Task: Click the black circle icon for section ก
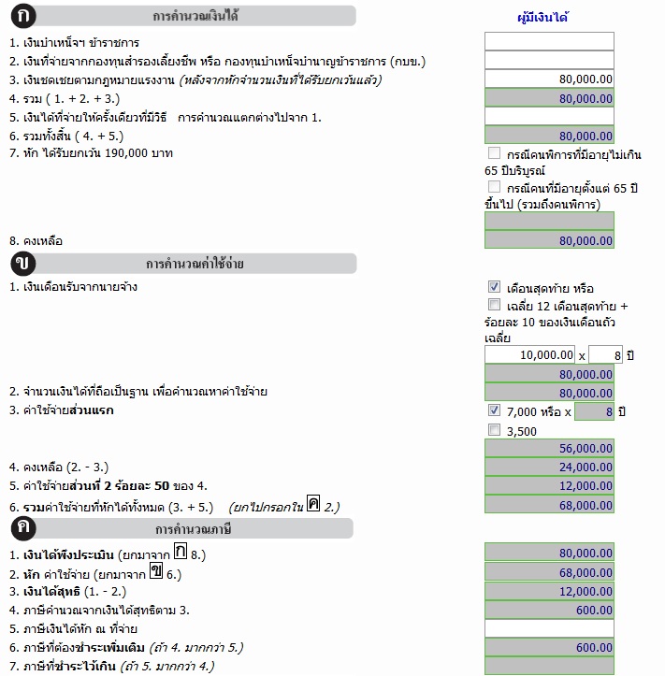tap(21, 16)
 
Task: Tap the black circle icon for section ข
tap(21, 263)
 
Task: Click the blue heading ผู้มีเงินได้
tap(543, 17)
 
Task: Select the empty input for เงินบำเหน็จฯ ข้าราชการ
tap(549, 42)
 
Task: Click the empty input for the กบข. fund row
tap(549, 61)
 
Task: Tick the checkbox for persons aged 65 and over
tap(494, 186)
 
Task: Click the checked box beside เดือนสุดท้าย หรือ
tap(494, 287)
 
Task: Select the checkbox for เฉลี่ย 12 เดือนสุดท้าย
tap(494, 305)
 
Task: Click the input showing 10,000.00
tap(529, 355)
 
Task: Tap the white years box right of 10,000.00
tap(606, 355)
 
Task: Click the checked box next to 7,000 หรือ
tap(494, 410)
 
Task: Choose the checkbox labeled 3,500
tap(494, 430)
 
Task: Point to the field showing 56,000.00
tap(549, 449)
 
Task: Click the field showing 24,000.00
tap(549, 467)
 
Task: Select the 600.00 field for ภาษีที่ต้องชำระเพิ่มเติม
tap(549, 647)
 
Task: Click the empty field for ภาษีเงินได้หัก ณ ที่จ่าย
tap(549, 628)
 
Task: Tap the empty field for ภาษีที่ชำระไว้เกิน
tap(549, 666)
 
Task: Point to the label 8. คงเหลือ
tap(36, 240)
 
